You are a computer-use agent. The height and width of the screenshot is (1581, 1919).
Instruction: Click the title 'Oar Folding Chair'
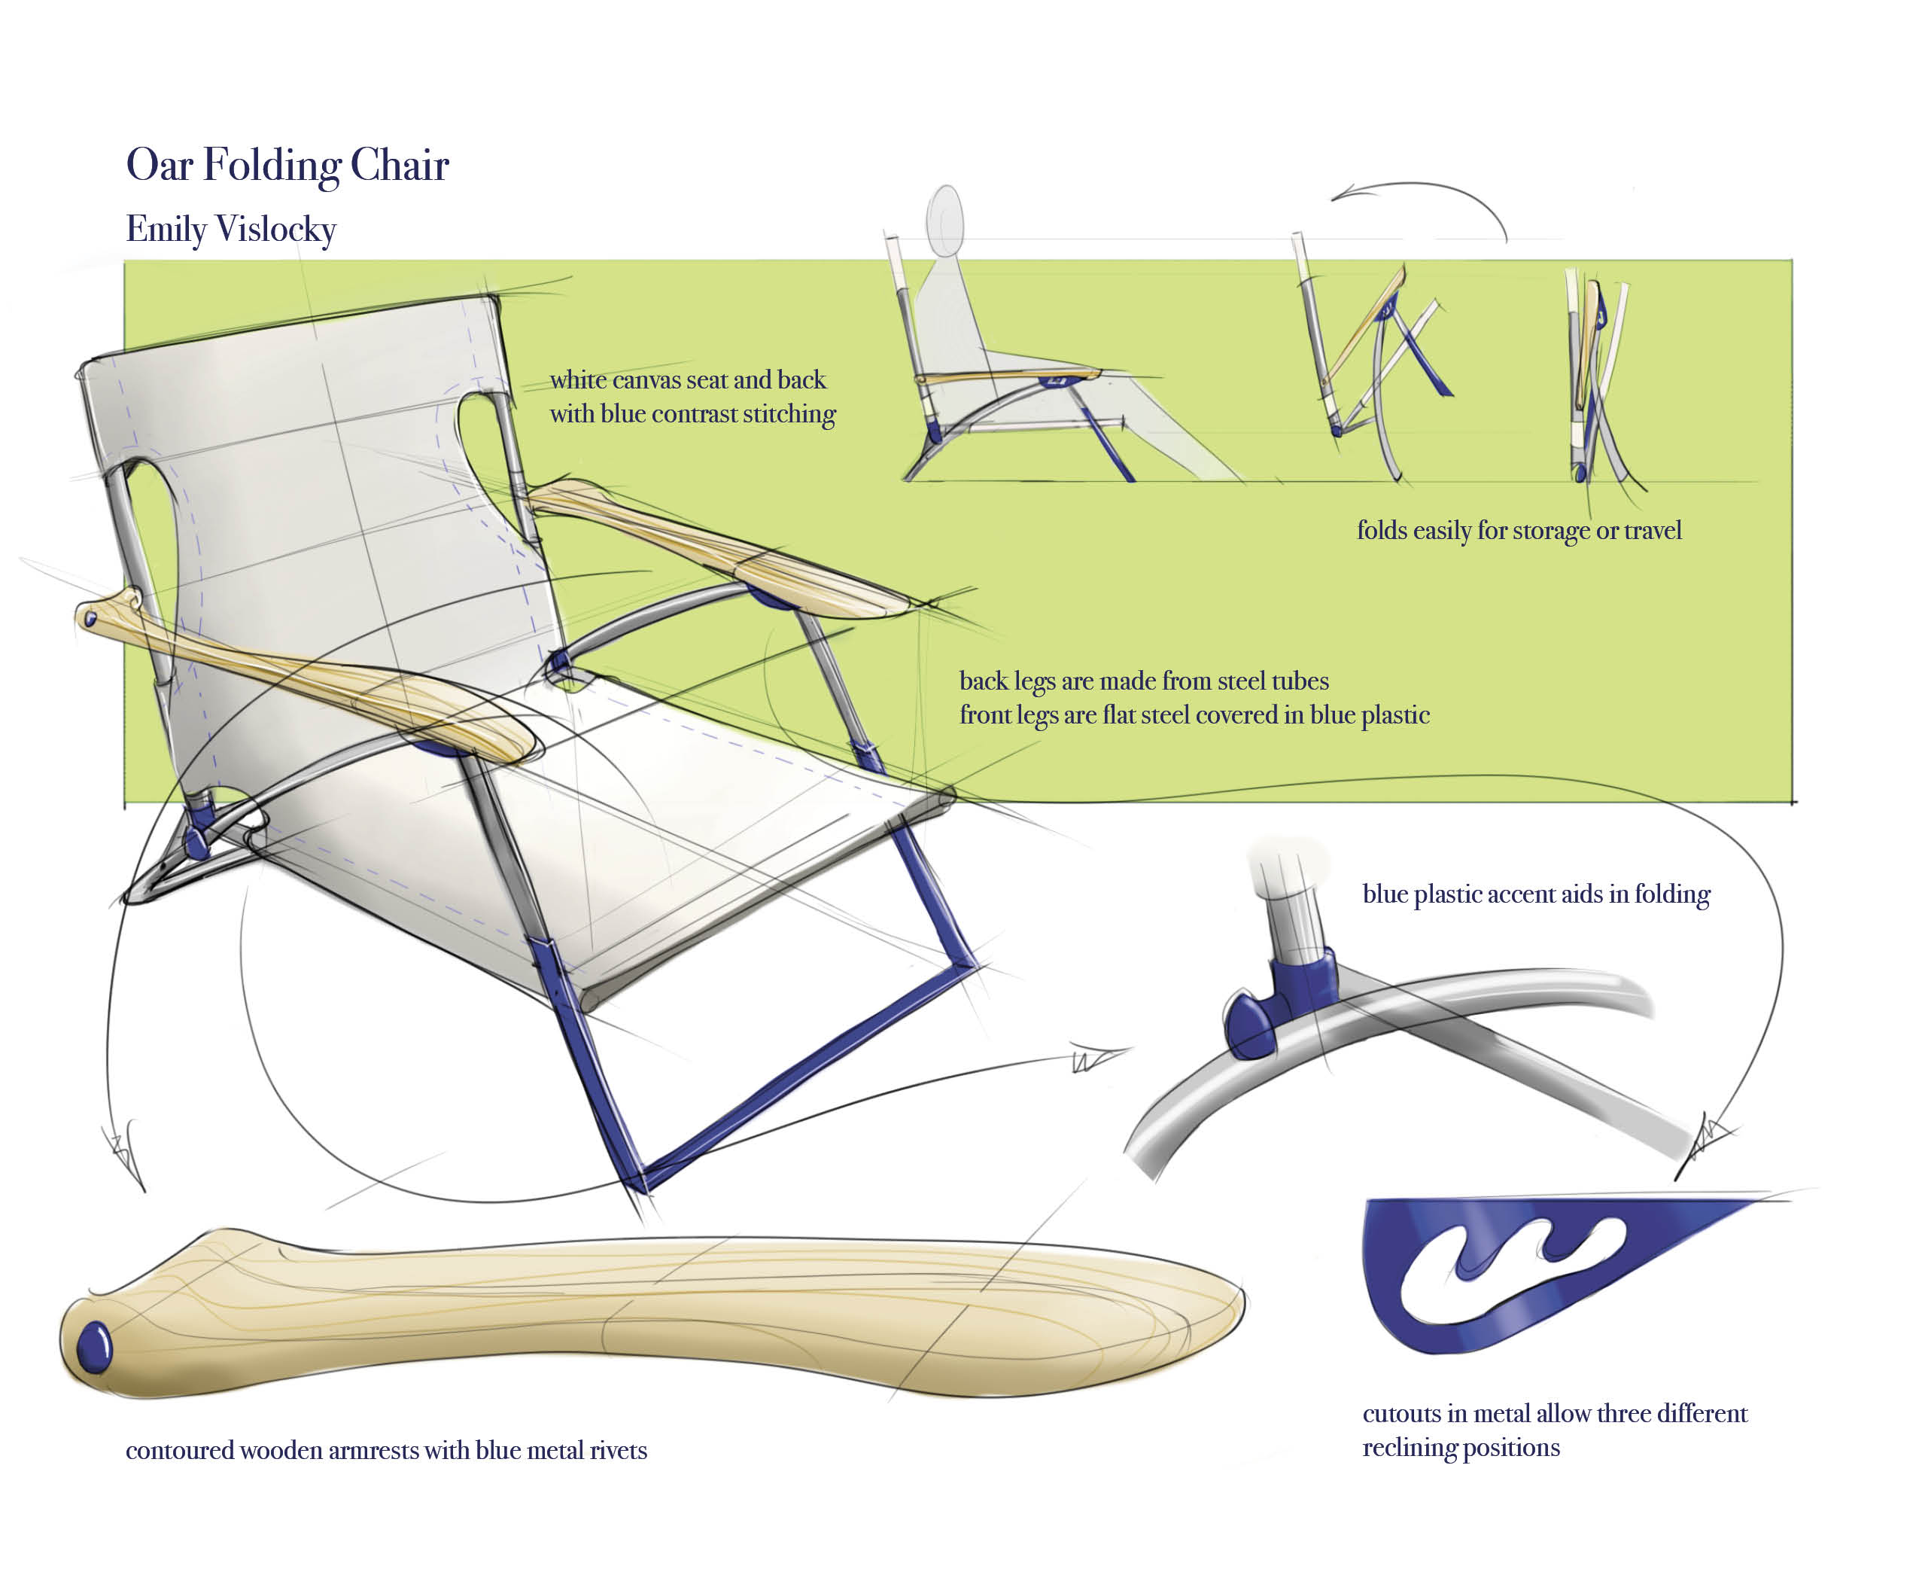pyautogui.click(x=287, y=165)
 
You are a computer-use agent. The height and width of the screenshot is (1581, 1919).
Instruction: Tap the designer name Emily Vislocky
pyautogui.click(x=230, y=229)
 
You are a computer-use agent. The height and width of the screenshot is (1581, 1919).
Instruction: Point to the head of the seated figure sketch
pyautogui.click(x=945, y=220)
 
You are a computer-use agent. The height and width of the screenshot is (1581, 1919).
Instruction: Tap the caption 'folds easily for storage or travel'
pyautogui.click(x=1518, y=530)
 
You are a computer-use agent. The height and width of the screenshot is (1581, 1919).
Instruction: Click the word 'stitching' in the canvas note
pyautogui.click(x=789, y=414)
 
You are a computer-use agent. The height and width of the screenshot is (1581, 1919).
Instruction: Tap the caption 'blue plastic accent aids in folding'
pyautogui.click(x=1535, y=894)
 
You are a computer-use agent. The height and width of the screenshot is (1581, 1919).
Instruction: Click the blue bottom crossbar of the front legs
pyautogui.click(x=810, y=1074)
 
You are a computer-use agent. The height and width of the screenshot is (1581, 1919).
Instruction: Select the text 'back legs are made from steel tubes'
pyautogui.click(x=1143, y=681)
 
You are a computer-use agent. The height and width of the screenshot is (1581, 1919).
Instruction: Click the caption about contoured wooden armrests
pyautogui.click(x=386, y=1450)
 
